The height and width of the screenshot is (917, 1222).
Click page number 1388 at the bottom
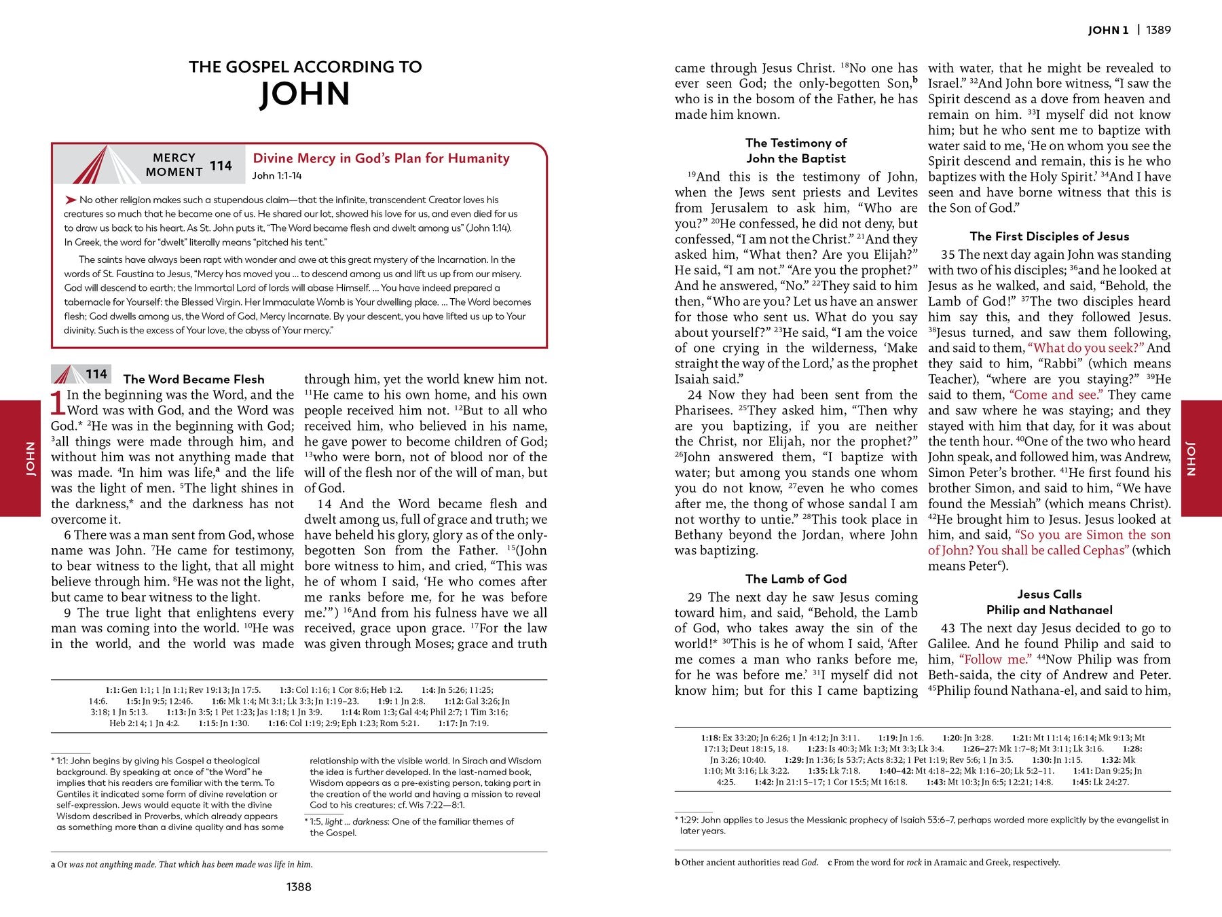299,886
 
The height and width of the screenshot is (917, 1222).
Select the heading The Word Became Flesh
193,379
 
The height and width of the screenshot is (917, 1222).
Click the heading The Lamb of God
796,579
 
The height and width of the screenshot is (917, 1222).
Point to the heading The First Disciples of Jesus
1049,236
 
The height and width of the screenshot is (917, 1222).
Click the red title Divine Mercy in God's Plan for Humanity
381,158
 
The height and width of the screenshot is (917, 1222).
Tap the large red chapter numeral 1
58,403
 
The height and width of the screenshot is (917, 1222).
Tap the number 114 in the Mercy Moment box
221,166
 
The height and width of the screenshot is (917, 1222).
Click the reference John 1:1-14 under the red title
277,176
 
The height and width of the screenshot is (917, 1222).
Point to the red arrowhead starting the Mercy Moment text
71,200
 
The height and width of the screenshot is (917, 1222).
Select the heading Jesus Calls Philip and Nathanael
1049,602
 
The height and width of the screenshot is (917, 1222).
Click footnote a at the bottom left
53,865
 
